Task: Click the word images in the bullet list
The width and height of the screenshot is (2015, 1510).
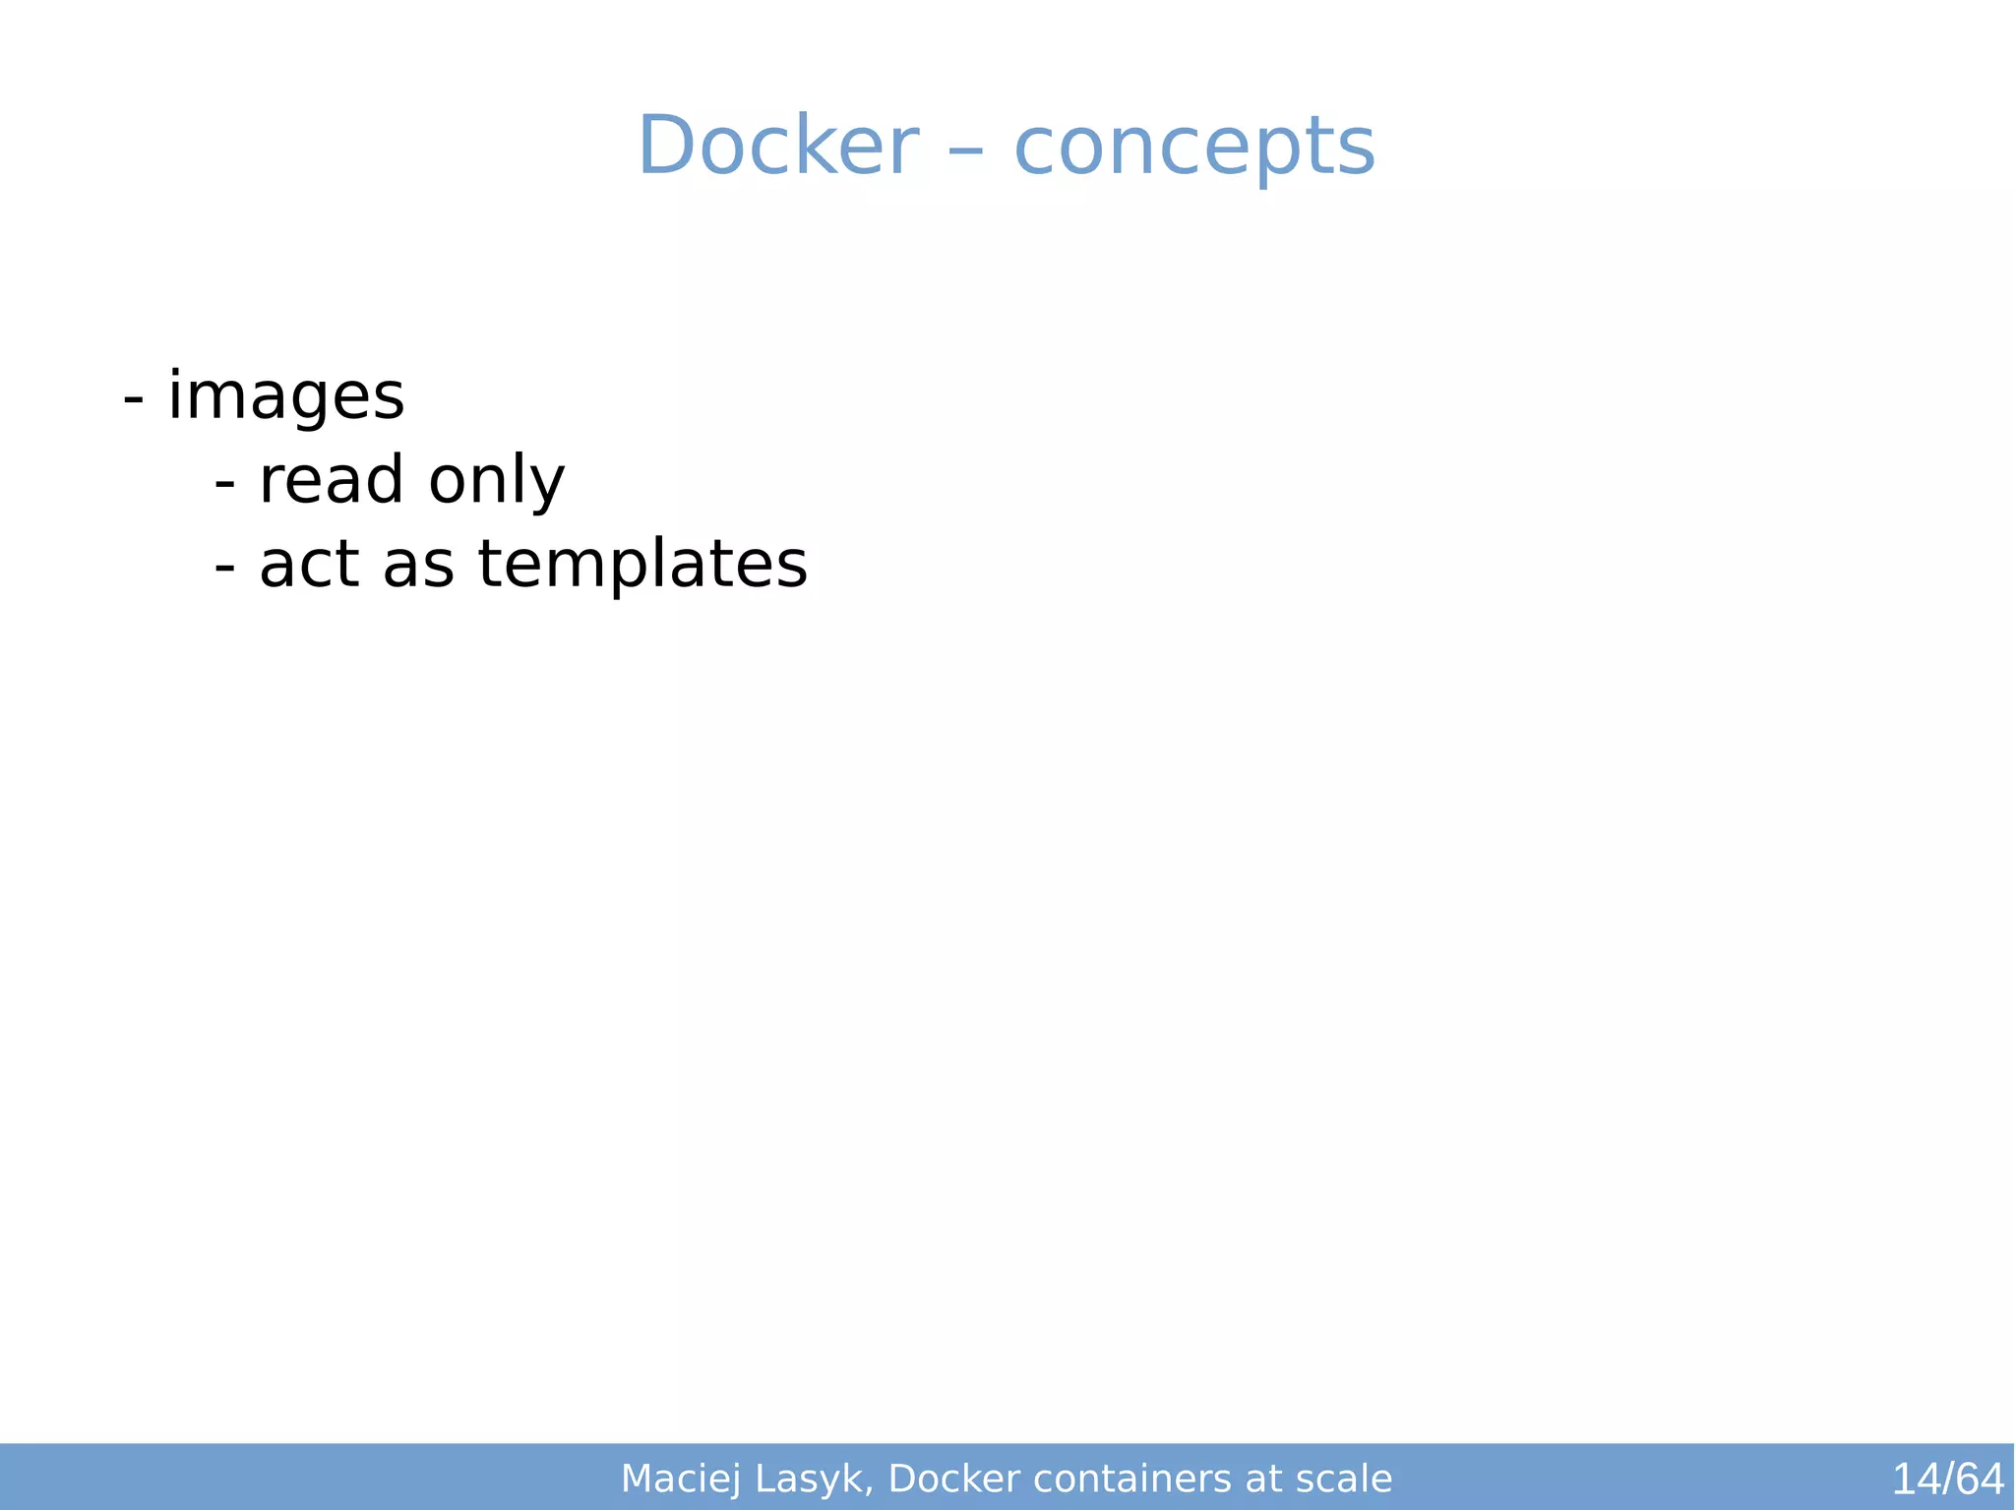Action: point(285,397)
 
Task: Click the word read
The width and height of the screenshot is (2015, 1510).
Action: point(331,480)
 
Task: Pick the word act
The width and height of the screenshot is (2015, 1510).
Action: point(308,565)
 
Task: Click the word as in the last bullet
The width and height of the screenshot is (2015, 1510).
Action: point(418,567)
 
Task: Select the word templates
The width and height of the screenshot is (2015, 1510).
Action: point(642,565)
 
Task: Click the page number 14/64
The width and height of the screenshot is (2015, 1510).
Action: point(1947,1479)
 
